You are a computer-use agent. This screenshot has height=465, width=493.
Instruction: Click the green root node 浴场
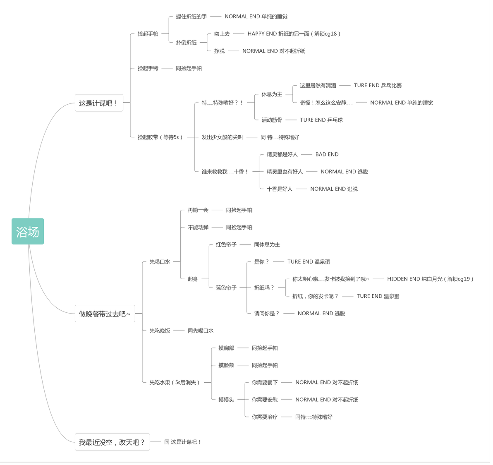click(28, 231)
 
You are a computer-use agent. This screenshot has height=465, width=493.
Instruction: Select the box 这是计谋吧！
click(99, 103)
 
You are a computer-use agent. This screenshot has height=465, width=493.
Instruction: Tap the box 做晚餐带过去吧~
click(105, 314)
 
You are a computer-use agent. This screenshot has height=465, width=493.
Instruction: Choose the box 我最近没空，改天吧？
click(112, 442)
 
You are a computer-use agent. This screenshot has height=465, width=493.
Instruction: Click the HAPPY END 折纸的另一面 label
click(294, 34)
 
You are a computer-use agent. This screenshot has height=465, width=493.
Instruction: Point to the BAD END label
click(327, 154)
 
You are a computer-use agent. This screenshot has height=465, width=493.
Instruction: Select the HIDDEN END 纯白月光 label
click(430, 279)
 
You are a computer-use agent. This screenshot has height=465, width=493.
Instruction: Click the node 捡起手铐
click(148, 68)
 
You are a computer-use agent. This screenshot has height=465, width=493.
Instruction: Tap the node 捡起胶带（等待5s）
click(160, 137)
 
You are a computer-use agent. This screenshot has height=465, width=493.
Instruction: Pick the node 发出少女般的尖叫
click(222, 137)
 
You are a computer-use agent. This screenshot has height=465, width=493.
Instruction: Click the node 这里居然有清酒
click(318, 86)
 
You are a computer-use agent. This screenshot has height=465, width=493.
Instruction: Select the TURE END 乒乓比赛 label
click(378, 86)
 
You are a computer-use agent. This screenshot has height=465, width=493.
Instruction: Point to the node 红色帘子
click(226, 244)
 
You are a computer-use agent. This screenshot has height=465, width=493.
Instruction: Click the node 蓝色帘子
click(226, 288)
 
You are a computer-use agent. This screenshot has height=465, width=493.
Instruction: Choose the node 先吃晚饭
click(160, 331)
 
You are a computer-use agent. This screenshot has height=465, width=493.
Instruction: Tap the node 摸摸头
click(226, 400)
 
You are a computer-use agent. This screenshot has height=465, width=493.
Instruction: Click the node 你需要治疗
click(265, 417)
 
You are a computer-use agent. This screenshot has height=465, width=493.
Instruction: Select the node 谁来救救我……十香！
click(225, 172)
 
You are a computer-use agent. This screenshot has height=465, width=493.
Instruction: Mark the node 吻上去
click(222, 34)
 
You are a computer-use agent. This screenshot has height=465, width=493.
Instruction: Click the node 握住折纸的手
click(191, 17)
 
